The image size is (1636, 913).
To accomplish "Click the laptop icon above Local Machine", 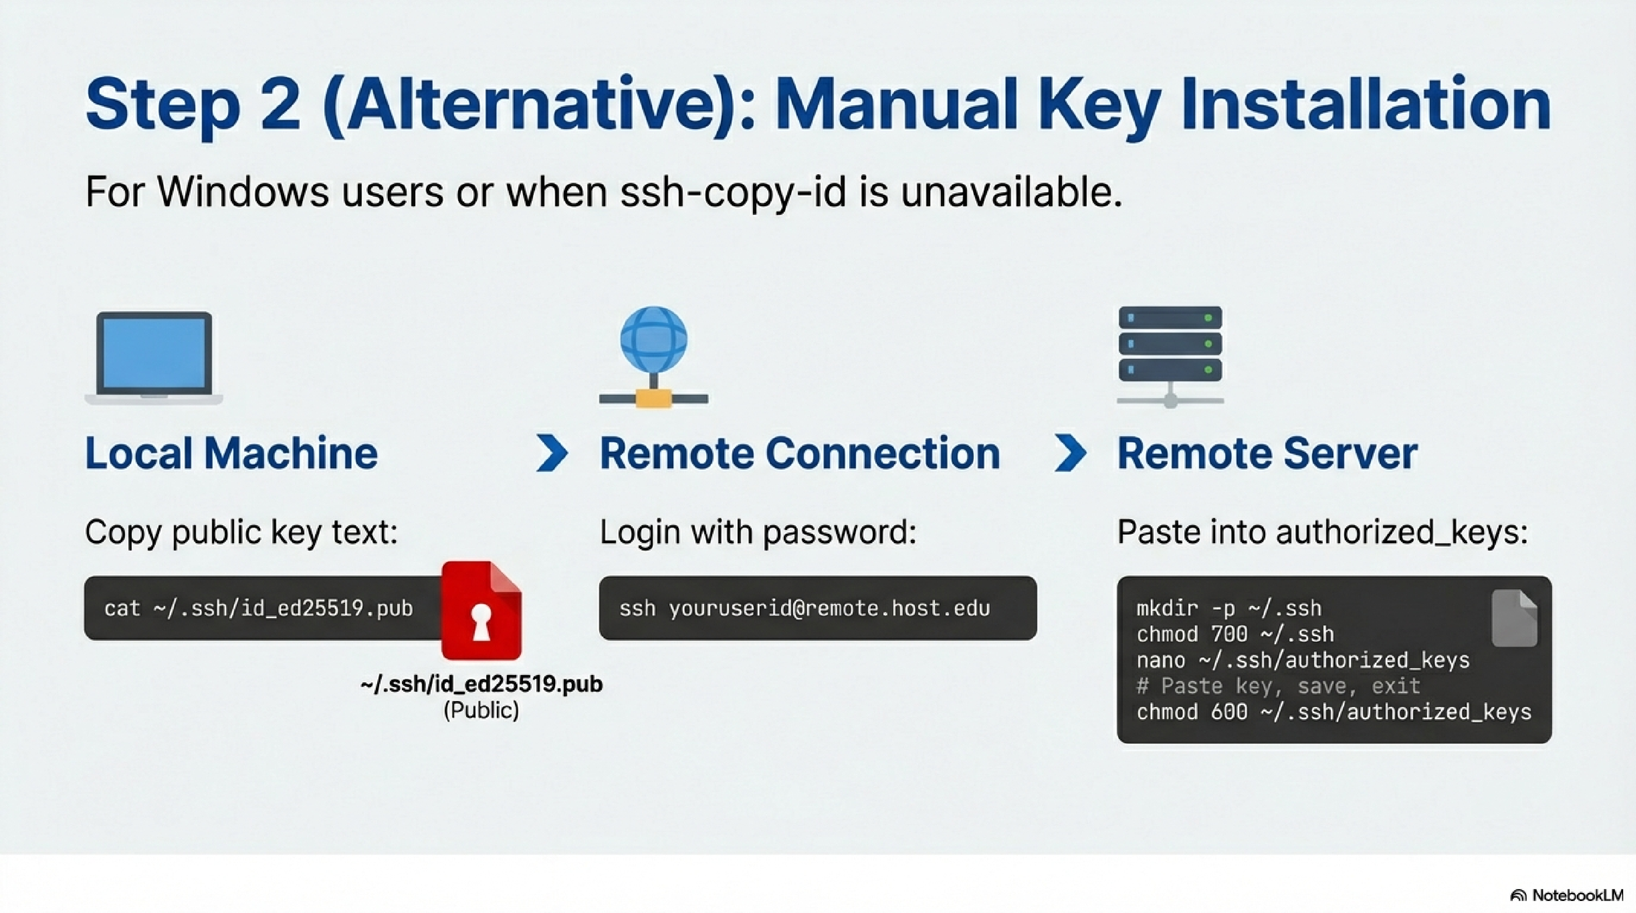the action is [x=154, y=357].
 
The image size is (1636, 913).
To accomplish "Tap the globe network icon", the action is [x=654, y=357].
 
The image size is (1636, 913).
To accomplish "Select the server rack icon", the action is [x=1170, y=357].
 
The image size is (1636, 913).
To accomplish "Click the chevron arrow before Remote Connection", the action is [x=552, y=453].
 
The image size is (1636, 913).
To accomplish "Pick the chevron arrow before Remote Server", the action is [x=1070, y=453].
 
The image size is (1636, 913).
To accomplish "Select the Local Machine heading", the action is [x=231, y=453].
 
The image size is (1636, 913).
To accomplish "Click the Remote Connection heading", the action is [x=800, y=453].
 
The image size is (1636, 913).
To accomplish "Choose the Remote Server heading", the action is [x=1267, y=453].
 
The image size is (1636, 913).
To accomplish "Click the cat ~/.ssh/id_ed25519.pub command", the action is [x=259, y=608].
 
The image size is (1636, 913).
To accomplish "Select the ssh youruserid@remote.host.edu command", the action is [x=805, y=608].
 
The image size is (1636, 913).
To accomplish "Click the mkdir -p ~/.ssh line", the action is [x=1229, y=608].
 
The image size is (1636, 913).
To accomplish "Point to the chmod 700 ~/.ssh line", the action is [x=1235, y=634].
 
